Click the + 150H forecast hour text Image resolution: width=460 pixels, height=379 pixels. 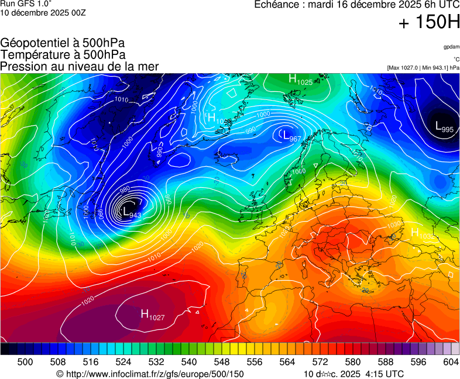(x=428, y=23)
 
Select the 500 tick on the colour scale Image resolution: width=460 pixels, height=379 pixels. (x=25, y=362)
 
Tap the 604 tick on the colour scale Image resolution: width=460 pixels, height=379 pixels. (x=450, y=362)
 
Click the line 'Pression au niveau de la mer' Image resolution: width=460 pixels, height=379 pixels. (x=80, y=66)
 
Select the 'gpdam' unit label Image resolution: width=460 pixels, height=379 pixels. (x=451, y=47)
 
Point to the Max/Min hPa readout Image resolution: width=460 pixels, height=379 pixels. (x=423, y=67)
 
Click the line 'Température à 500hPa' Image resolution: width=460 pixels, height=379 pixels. (x=63, y=54)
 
